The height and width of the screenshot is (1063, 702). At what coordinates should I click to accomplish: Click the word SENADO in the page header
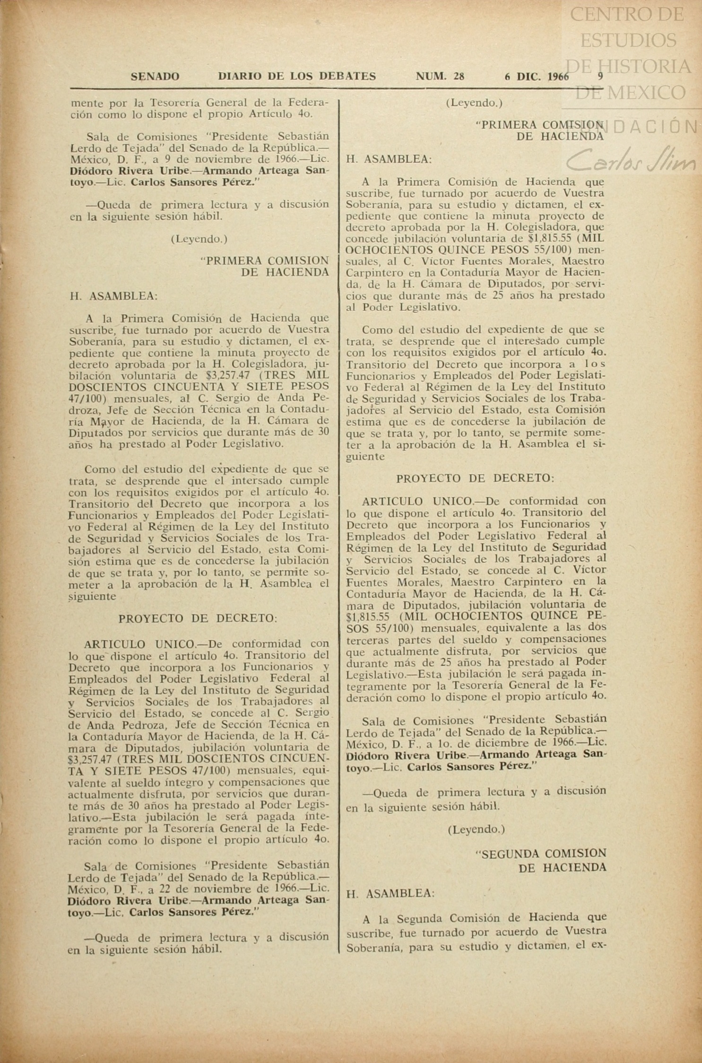155,77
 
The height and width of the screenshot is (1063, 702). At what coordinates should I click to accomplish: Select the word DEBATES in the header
347,77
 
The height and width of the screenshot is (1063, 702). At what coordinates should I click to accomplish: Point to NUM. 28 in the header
440,77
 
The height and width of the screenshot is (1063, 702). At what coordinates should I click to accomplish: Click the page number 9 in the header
600,77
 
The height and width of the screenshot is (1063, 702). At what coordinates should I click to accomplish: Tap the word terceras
367,639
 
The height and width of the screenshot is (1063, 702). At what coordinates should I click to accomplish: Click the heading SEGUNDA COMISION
544,854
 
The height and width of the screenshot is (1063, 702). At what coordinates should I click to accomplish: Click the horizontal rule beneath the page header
331,88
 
